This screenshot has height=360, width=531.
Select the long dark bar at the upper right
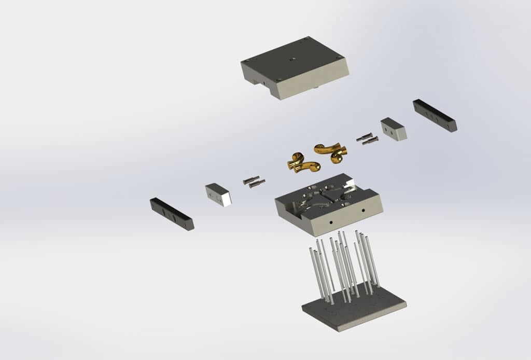pyautogui.click(x=435, y=115)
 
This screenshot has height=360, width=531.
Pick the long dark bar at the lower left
pyautogui.click(x=172, y=214)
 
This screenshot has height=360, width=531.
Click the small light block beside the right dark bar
pyautogui.click(x=394, y=129)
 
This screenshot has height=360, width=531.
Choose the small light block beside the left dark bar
pyautogui.click(x=218, y=194)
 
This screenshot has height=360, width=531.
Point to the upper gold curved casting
pyautogui.click(x=331, y=150)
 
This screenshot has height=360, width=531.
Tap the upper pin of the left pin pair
pyautogui.click(x=250, y=179)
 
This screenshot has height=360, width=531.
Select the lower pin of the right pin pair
pyautogui.click(x=370, y=141)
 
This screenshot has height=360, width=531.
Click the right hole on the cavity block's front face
pyautogui.click(x=363, y=211)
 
